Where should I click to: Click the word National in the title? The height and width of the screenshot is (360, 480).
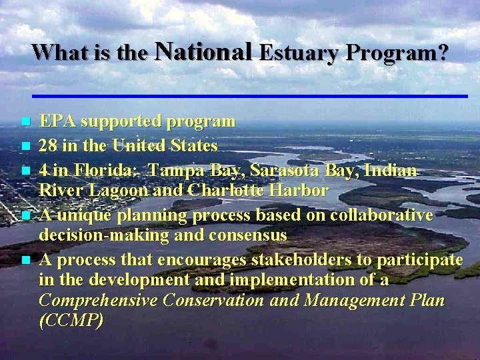pyautogui.click(x=203, y=51)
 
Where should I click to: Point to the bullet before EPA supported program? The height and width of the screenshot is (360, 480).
pyautogui.click(x=25, y=123)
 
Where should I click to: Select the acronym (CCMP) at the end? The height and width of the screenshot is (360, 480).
pyautogui.click(x=71, y=321)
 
